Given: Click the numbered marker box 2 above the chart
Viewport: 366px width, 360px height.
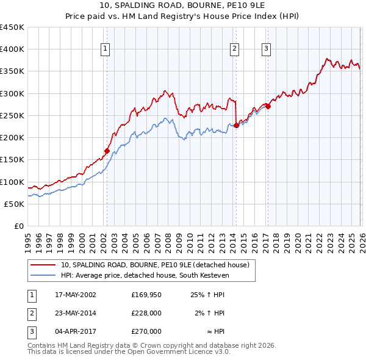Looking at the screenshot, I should [235, 49].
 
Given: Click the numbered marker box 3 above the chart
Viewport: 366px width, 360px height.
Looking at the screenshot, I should [267, 49].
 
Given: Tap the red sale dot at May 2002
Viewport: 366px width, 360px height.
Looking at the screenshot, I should [107, 151].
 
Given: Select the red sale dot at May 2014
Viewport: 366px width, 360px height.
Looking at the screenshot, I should [236, 126].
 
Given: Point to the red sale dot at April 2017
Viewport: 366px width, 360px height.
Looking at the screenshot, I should [268, 106].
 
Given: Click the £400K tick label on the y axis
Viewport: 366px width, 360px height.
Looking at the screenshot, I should [12, 49].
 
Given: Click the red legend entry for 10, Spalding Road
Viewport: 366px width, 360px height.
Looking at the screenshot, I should [155, 265].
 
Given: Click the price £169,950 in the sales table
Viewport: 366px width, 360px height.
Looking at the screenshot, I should [146, 295].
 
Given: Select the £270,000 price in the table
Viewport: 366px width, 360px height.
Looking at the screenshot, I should [146, 331].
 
